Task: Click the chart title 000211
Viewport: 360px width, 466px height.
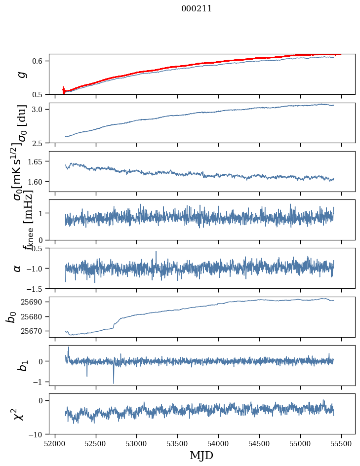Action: click(x=197, y=8)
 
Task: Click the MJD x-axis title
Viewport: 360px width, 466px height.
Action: click(x=201, y=455)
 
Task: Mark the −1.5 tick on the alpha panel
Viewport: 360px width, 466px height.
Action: click(x=36, y=288)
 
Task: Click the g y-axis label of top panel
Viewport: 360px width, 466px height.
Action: click(x=20, y=74)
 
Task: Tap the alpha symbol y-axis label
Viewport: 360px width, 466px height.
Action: click(x=18, y=268)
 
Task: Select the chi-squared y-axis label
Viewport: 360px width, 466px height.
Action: click(x=18, y=414)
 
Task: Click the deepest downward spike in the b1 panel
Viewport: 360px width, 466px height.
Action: click(x=114, y=383)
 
